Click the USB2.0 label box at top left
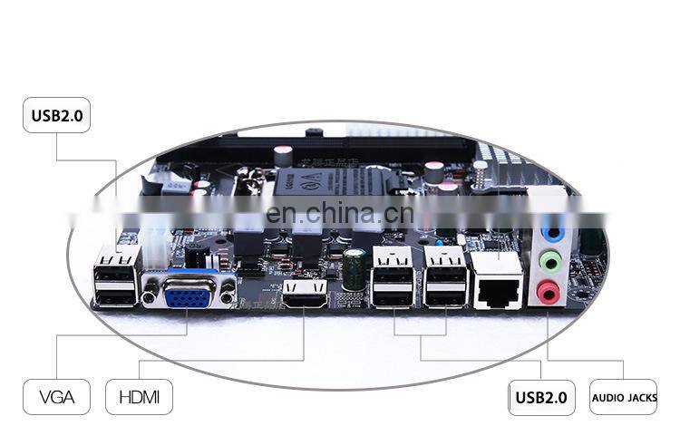click(x=56, y=115)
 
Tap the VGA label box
click(x=56, y=397)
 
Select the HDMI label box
click(x=139, y=397)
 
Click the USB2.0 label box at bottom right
click(x=541, y=397)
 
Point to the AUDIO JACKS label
click(x=623, y=397)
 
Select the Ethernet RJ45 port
click(x=497, y=280)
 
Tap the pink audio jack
click(x=547, y=292)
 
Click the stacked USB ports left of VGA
click(x=115, y=277)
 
